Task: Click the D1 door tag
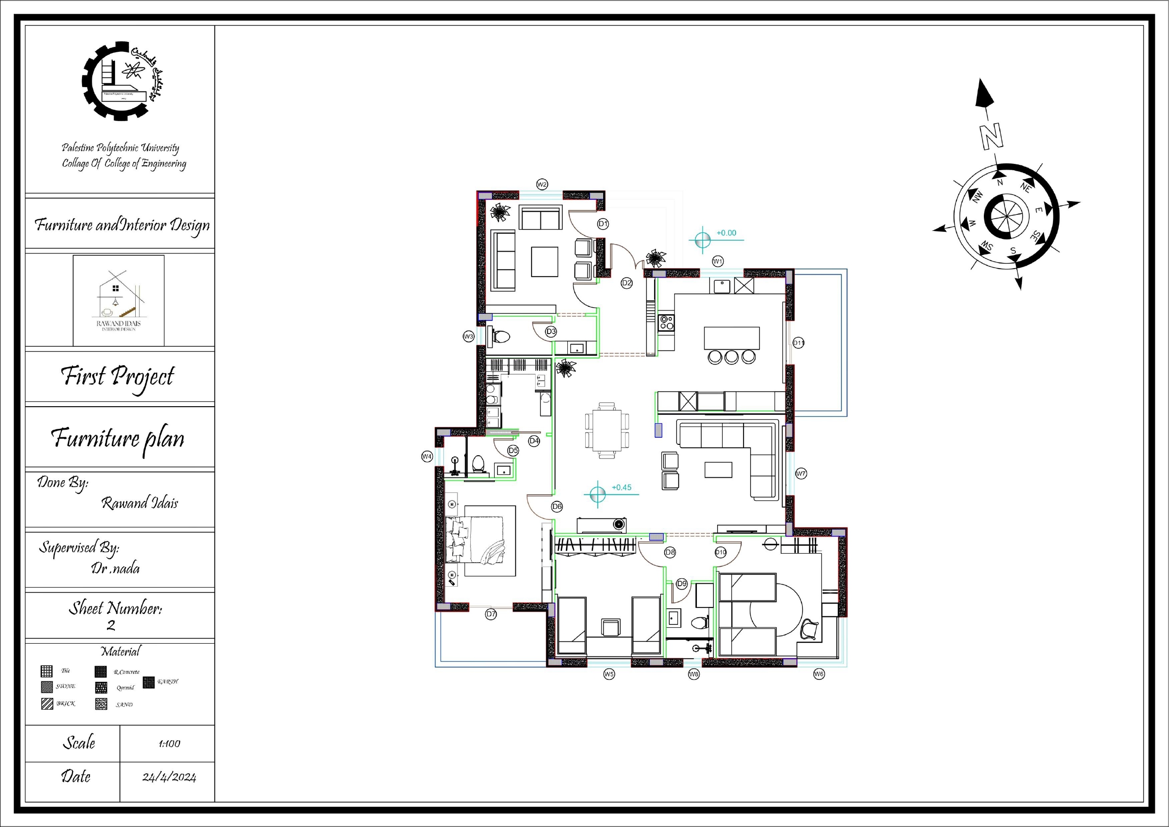click(603, 223)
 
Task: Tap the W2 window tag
click(542, 184)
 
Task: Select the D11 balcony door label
click(798, 343)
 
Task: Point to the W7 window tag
click(801, 474)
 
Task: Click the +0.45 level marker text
click(621, 487)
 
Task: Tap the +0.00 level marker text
click(726, 233)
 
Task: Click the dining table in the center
click(607, 430)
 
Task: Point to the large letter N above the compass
click(991, 137)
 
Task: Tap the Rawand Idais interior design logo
click(119, 301)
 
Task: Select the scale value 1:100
click(169, 744)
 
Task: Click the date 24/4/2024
click(169, 777)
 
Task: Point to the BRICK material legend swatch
click(47, 704)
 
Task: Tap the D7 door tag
click(491, 614)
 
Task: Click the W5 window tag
click(609, 674)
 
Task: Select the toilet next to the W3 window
click(501, 336)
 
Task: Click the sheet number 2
click(111, 626)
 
